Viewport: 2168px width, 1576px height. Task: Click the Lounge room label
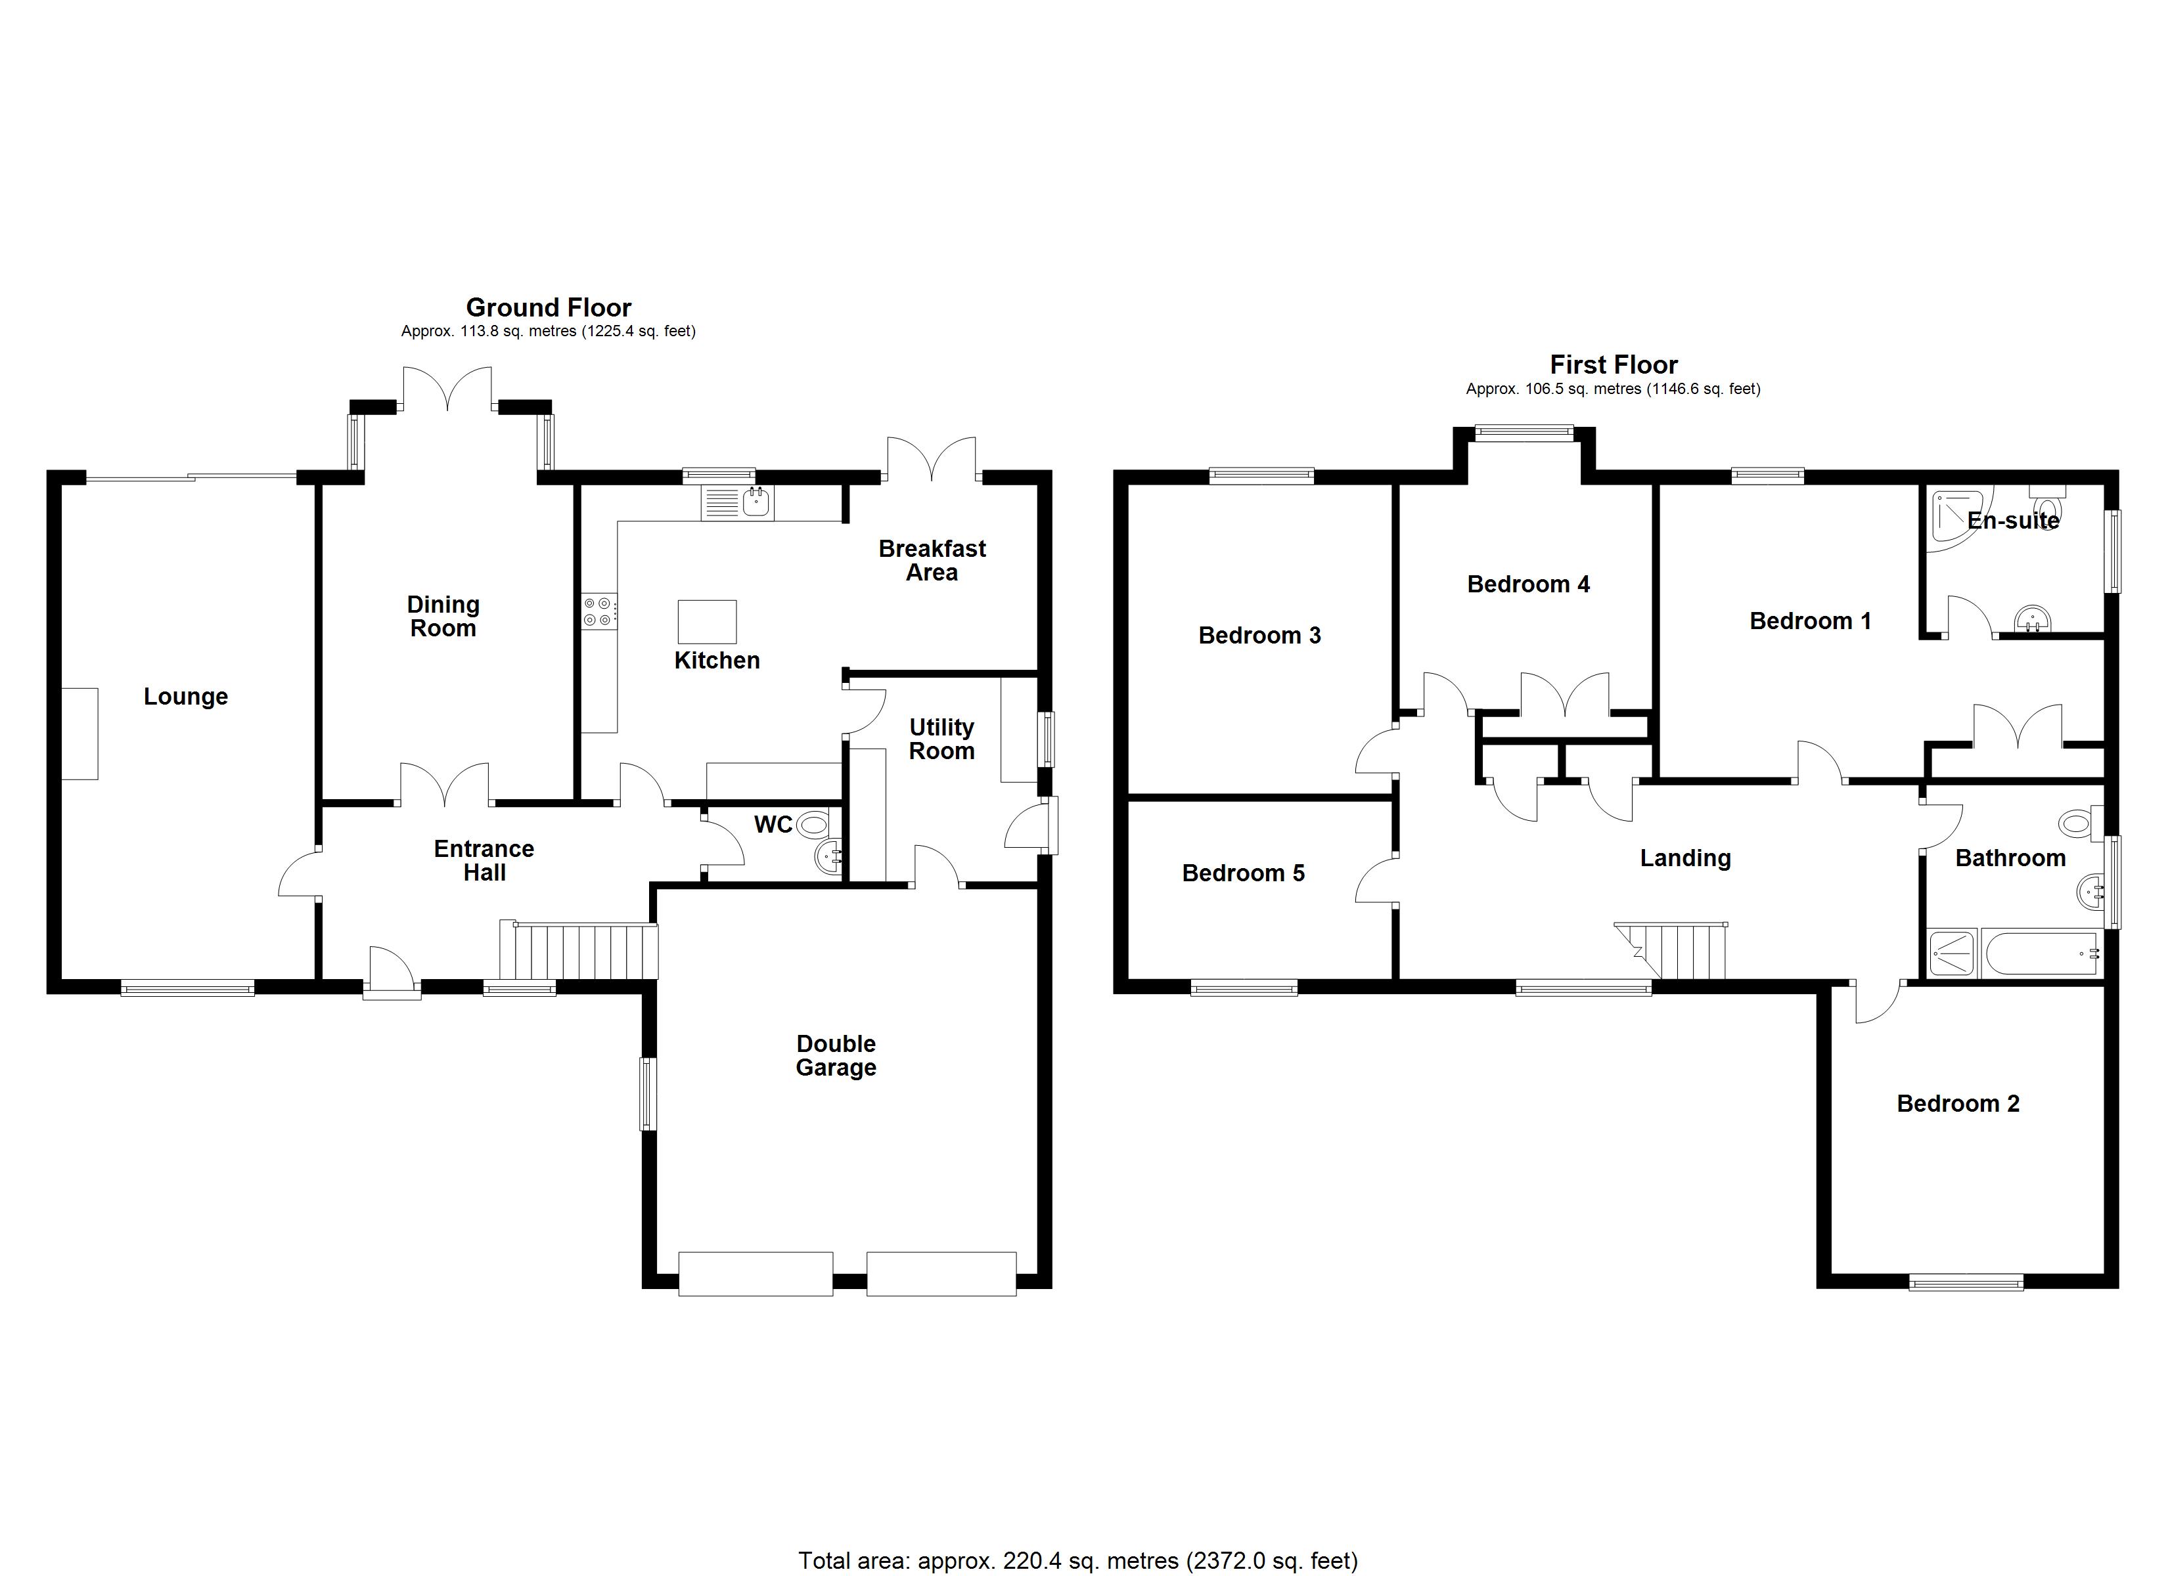click(185, 697)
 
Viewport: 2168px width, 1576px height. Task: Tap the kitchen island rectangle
click(708, 621)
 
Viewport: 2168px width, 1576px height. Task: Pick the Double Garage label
click(836, 1055)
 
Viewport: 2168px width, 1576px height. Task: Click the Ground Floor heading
click(549, 308)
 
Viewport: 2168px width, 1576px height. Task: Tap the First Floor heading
click(1614, 365)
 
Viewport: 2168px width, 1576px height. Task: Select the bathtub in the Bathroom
click(2041, 952)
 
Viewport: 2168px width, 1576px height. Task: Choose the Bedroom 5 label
click(1243, 873)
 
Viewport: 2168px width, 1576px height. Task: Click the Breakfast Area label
click(932, 561)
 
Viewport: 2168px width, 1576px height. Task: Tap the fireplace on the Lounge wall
click(80, 734)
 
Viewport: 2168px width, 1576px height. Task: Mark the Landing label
click(1685, 858)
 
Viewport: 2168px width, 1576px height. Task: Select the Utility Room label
click(941, 740)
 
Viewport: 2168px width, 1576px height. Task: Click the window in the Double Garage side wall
click(649, 1093)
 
